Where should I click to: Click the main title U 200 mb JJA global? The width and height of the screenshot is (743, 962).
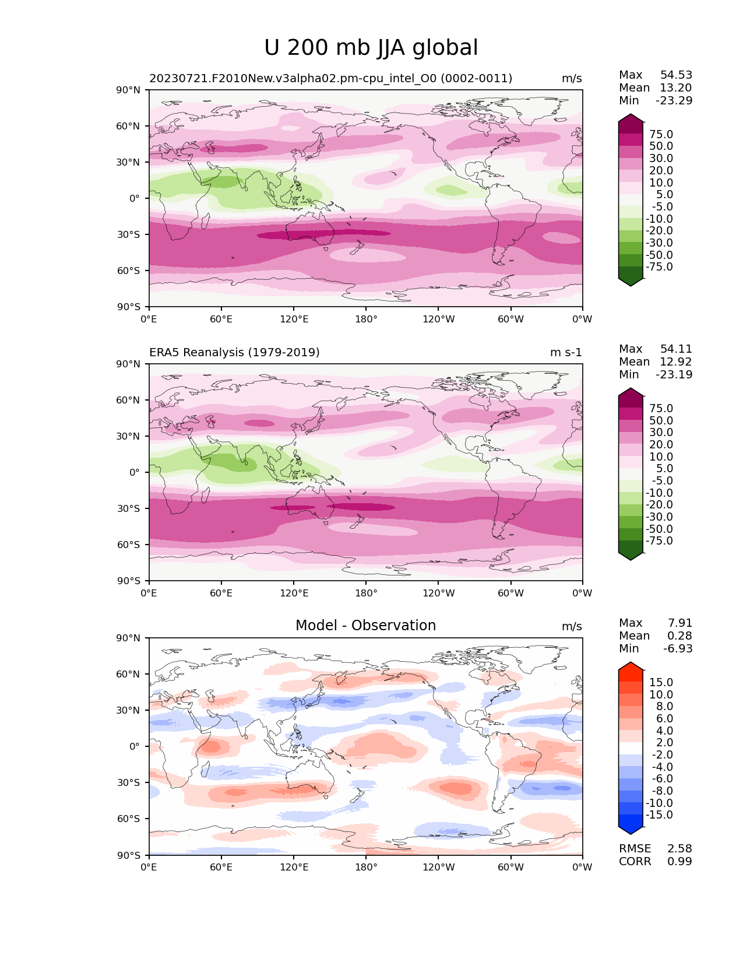point(371,48)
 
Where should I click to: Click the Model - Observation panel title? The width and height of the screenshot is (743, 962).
point(365,626)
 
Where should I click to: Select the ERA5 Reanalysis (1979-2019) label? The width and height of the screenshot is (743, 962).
point(234,352)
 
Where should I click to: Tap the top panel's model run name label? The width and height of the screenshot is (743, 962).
point(330,78)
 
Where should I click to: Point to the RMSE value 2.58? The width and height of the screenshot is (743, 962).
point(679,848)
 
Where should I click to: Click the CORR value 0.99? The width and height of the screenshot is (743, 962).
point(679,861)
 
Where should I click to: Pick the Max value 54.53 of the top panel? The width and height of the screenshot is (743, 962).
point(676,75)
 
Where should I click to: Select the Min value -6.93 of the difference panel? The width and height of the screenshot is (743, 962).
point(678,648)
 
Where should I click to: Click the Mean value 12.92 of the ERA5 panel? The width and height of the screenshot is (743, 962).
point(676,361)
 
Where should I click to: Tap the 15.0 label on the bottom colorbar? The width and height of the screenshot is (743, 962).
point(661,682)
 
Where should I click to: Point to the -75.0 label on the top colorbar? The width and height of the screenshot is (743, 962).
point(659,267)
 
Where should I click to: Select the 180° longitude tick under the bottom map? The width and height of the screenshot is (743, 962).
point(365,867)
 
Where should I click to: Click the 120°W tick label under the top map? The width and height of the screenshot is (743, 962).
point(438,319)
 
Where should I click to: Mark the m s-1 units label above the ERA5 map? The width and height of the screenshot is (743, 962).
point(565,352)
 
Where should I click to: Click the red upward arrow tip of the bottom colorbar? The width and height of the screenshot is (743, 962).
point(631,666)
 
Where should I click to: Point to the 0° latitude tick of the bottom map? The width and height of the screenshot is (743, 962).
point(135,746)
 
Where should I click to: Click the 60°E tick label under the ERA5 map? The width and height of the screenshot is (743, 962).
point(221,593)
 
